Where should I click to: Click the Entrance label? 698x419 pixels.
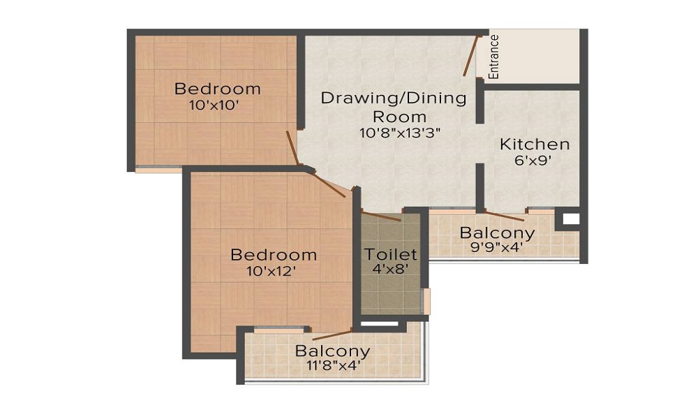click(x=493, y=57)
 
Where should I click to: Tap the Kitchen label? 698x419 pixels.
click(x=535, y=145)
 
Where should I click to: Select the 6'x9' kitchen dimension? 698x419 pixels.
click(x=533, y=161)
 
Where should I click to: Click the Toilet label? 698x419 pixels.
click(x=391, y=254)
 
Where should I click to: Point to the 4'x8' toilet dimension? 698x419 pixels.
click(x=390, y=268)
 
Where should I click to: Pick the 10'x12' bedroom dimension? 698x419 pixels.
click(x=272, y=271)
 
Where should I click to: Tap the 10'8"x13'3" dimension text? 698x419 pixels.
click(x=400, y=133)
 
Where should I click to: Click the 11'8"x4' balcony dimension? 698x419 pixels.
click(x=334, y=365)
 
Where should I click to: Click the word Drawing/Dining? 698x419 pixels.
click(x=394, y=98)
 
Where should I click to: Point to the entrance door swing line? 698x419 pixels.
click(x=470, y=56)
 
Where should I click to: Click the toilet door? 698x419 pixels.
click(x=382, y=216)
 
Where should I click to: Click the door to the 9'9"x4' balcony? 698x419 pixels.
click(x=505, y=216)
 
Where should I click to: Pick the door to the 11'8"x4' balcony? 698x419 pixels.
click(x=332, y=335)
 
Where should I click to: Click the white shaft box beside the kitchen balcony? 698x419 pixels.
click(x=571, y=219)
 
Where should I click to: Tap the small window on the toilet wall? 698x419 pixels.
click(x=427, y=302)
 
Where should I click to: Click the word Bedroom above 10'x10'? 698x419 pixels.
click(x=217, y=89)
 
